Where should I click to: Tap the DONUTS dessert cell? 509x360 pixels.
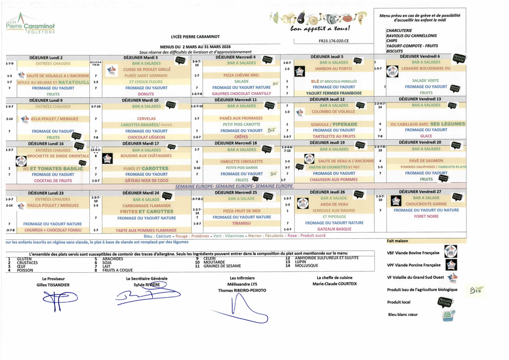(145, 94)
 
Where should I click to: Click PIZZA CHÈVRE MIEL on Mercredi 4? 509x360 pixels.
(241, 75)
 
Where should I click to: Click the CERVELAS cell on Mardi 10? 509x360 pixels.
(146, 118)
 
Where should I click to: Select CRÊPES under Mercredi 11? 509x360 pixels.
(241, 136)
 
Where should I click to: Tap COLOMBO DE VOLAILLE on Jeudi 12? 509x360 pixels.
(334, 112)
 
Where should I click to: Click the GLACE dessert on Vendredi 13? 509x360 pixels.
(426, 136)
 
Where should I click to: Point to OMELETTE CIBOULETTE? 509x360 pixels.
(241, 161)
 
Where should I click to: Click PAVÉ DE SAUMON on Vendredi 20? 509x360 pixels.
(426, 161)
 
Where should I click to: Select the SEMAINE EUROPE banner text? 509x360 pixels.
(234, 186)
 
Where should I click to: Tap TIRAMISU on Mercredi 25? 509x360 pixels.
(241, 223)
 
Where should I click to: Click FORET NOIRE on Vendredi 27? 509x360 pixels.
(426, 216)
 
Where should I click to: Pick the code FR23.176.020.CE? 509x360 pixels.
(334, 41)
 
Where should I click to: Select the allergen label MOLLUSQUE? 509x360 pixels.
(307, 265)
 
